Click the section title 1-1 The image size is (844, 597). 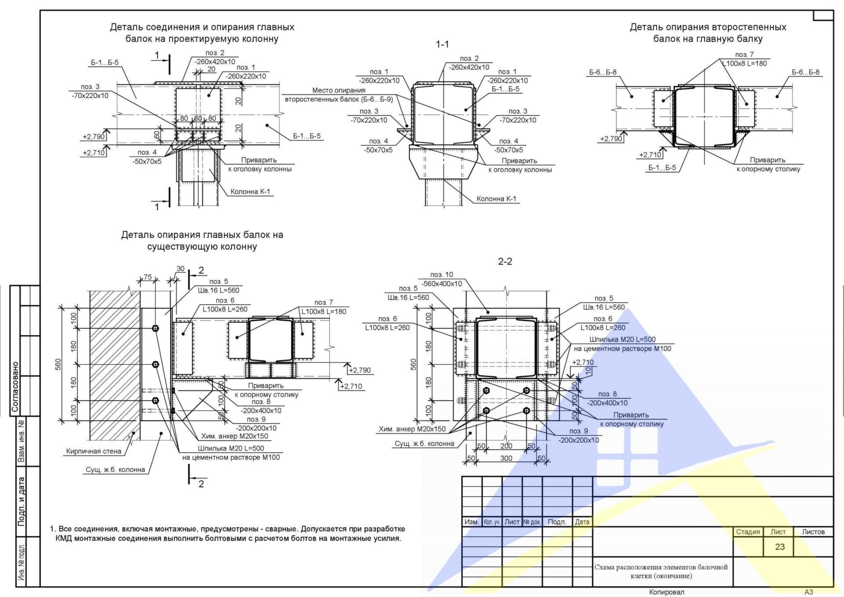pyautogui.click(x=442, y=44)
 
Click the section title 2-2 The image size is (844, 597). pyautogui.click(x=505, y=262)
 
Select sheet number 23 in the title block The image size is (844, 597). pyautogui.click(x=780, y=547)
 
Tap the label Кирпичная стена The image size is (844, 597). pyautogui.click(x=94, y=451)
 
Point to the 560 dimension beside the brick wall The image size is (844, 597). pyautogui.click(x=58, y=364)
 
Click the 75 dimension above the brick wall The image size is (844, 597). pyautogui.click(x=148, y=277)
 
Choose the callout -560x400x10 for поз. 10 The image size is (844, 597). pyautogui.click(x=442, y=284)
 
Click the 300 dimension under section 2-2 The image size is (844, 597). pyautogui.click(x=506, y=458)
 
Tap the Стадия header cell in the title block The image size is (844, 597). pyautogui.click(x=748, y=532)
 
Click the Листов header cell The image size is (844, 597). pyautogui.click(x=813, y=532)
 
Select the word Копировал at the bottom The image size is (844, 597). pyautogui.click(x=666, y=592)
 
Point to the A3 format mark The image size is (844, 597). pyautogui.click(x=809, y=592)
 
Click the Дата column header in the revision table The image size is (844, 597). pyautogui.click(x=582, y=522)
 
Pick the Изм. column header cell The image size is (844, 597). pyautogui.click(x=472, y=522)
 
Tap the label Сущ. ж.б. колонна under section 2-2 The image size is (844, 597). pyautogui.click(x=424, y=444)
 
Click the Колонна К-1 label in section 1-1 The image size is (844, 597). pyautogui.click(x=496, y=199)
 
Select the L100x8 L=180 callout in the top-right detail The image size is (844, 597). pyautogui.click(x=745, y=63)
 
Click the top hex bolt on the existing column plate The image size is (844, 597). pyautogui.click(x=155, y=328)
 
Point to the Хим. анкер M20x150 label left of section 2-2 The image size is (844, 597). pyautogui.click(x=412, y=429)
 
